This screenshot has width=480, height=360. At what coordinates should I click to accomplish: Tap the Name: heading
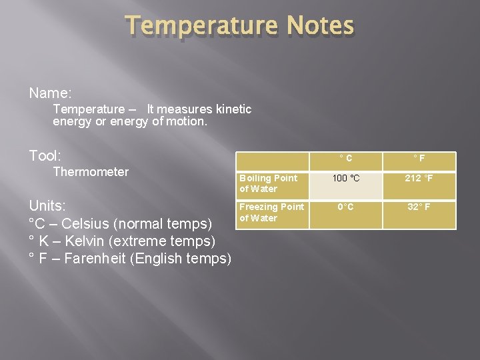point(51,92)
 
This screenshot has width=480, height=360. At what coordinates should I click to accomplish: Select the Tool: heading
point(45,155)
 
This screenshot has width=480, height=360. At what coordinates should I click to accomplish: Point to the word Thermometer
point(91,172)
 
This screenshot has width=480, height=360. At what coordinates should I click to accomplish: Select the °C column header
point(345,159)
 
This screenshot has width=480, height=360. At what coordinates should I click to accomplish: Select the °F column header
point(419,159)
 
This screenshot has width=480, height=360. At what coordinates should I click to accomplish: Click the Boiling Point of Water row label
point(269,183)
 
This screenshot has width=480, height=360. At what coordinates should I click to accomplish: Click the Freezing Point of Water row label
point(271,212)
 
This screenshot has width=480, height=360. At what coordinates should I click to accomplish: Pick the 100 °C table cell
point(345,178)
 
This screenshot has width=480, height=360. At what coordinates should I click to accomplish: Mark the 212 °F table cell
point(419,178)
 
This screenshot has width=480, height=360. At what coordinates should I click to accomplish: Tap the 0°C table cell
point(345,207)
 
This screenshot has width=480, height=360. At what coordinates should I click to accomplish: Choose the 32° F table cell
point(419,207)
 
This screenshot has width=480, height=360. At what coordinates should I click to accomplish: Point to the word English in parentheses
point(157,258)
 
